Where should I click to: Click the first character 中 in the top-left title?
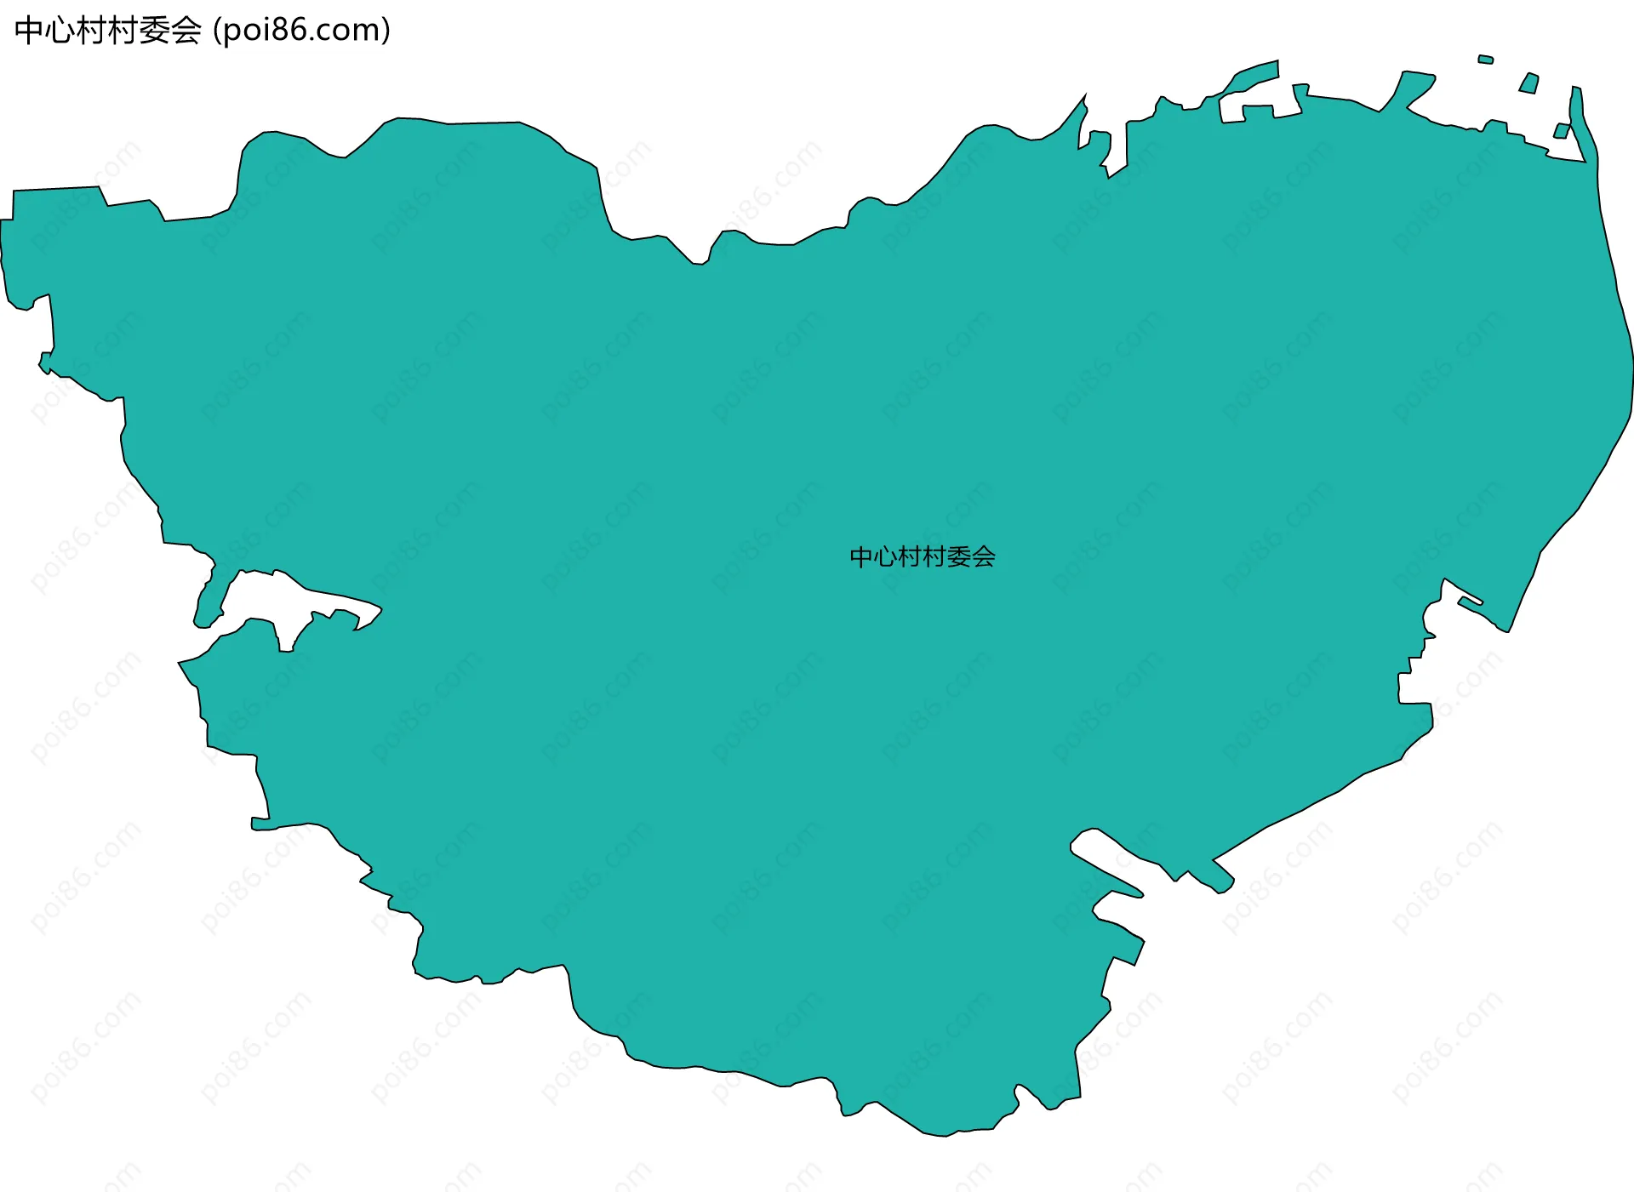(28, 31)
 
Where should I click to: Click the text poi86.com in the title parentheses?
(301, 31)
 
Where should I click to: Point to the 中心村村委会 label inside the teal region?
(923, 557)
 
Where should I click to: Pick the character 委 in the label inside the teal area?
(959, 557)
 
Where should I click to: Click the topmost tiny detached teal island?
(1486, 60)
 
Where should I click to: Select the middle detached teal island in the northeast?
(1529, 83)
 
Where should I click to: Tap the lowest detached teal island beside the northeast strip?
(1562, 131)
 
